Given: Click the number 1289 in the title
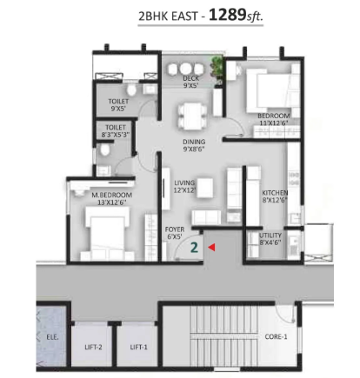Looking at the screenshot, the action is pyautogui.click(x=227, y=15).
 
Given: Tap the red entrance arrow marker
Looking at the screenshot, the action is pyautogui.click(x=211, y=247).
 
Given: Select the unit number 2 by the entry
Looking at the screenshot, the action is pyautogui.click(x=194, y=248).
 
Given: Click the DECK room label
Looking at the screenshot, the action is pyautogui.click(x=190, y=78).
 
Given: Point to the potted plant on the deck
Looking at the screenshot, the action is pyautogui.click(x=217, y=68).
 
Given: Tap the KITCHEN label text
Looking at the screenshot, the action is pyautogui.click(x=275, y=193).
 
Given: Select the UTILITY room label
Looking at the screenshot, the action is pyautogui.click(x=270, y=235).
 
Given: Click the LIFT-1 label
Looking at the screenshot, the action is pyautogui.click(x=138, y=347).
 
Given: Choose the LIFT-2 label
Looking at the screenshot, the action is pyautogui.click(x=93, y=347).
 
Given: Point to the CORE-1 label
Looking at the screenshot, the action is pyautogui.click(x=276, y=336).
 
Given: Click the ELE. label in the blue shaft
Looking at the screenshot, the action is pyautogui.click(x=52, y=337).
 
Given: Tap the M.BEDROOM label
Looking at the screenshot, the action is pyautogui.click(x=112, y=195).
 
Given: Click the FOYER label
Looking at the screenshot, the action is pyautogui.click(x=175, y=229).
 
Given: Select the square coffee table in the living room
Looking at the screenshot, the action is pyautogui.click(x=204, y=188).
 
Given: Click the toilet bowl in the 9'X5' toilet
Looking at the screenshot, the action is pyautogui.click(x=131, y=90).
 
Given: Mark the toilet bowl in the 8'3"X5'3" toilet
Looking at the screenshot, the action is pyautogui.click(x=104, y=149).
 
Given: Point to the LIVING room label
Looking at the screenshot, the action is pyautogui.click(x=184, y=183).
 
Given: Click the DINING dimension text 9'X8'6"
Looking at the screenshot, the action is pyautogui.click(x=194, y=149).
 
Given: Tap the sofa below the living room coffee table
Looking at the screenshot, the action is pyautogui.click(x=206, y=217).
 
